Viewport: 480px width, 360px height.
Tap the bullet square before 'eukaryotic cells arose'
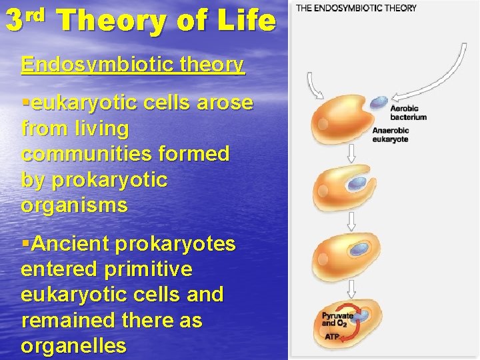click(25, 104)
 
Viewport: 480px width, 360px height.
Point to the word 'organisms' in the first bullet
click(74, 205)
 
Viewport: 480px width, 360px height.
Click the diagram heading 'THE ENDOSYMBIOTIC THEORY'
click(356, 8)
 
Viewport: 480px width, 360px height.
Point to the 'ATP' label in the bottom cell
click(331, 337)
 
